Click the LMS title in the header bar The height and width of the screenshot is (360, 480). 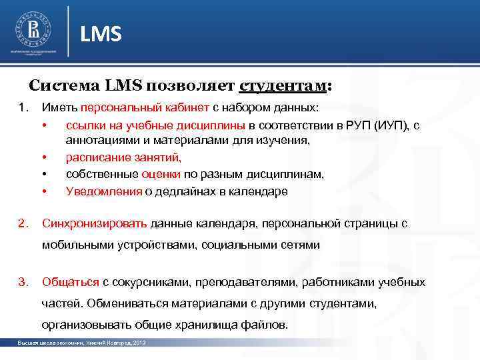click(x=101, y=33)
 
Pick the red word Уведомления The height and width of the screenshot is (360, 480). click(x=104, y=191)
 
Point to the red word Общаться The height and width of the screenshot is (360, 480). click(x=71, y=281)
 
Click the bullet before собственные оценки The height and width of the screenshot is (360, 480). click(x=45, y=175)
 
